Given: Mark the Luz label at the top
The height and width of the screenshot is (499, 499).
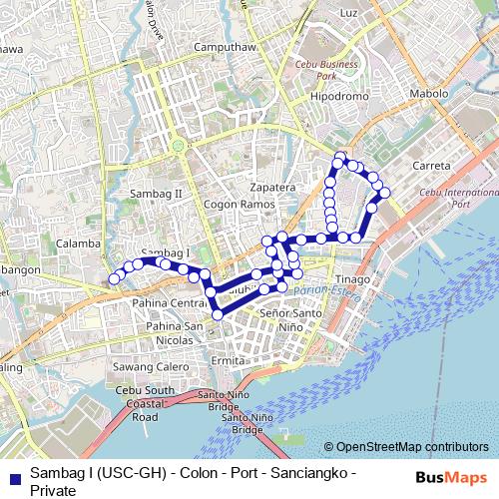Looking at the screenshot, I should tap(348, 13).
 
